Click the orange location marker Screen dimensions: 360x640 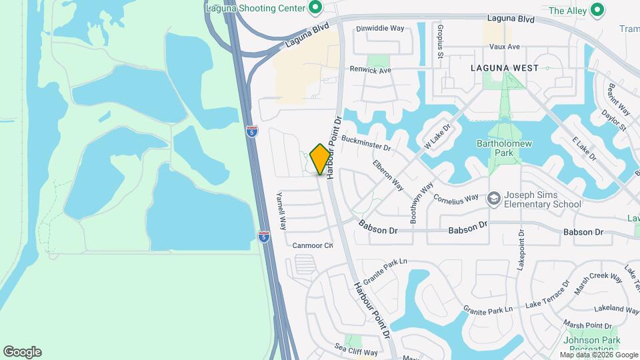(321, 159)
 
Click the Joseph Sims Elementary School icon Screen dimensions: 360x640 (493, 197)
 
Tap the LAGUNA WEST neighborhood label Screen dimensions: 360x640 (504, 68)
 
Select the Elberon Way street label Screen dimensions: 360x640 (388, 175)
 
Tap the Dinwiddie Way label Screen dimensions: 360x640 (380, 29)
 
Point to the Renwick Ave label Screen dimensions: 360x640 (371, 69)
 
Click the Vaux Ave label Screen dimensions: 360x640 (504, 47)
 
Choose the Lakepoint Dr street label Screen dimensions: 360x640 (521, 249)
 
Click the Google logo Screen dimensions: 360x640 (22, 352)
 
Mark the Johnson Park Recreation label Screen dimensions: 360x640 (592, 345)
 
